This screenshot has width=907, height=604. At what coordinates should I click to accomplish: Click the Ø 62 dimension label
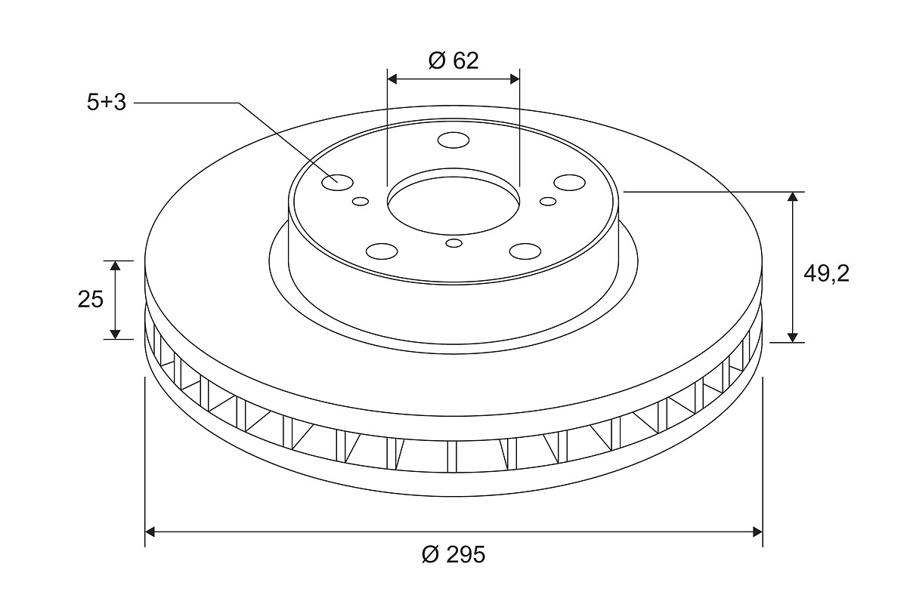pyautogui.click(x=453, y=60)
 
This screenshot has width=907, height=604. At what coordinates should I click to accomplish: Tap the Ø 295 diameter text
pyautogui.click(x=453, y=554)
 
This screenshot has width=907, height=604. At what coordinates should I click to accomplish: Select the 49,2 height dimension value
pyautogui.click(x=826, y=274)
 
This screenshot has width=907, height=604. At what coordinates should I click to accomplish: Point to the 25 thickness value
pyautogui.click(x=91, y=300)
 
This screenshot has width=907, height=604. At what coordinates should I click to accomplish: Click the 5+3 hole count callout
pyautogui.click(x=107, y=103)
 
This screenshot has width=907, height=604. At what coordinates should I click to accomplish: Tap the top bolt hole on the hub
pyautogui.click(x=453, y=140)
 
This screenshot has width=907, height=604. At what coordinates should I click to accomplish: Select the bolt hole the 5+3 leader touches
pyautogui.click(x=337, y=183)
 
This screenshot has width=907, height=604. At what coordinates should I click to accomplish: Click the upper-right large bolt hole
pyautogui.click(x=569, y=183)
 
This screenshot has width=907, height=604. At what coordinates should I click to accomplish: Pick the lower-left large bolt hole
pyautogui.click(x=382, y=251)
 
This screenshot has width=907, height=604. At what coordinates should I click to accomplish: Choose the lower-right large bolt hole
pyautogui.click(x=525, y=251)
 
